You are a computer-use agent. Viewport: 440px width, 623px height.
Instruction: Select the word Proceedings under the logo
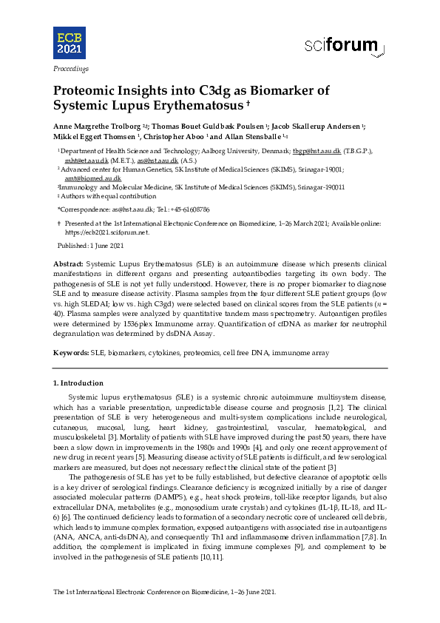70,69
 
